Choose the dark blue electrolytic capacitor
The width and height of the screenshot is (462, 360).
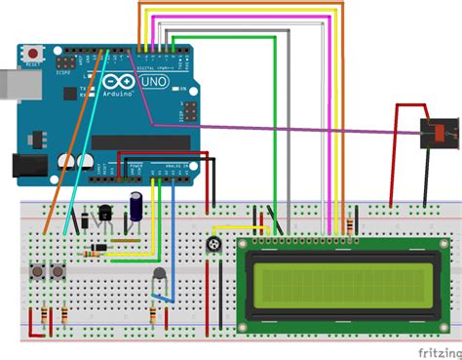pyautogui.click(x=141, y=203)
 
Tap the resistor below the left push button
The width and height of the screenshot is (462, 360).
pyautogui.click(x=43, y=316)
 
